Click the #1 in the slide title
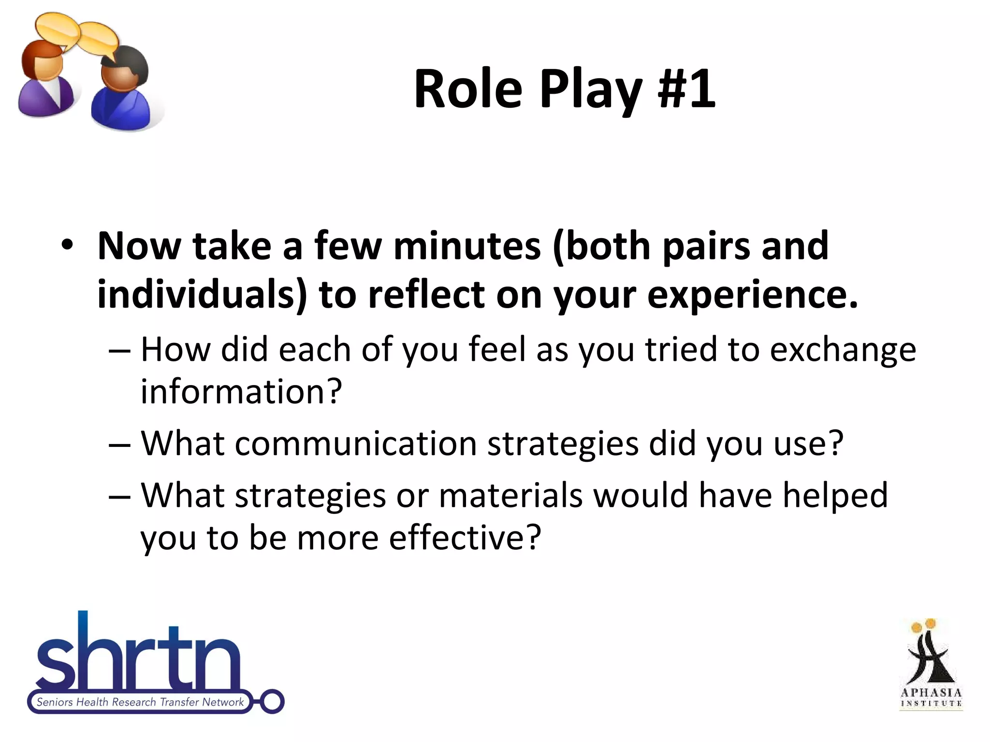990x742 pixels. pyautogui.click(x=686, y=89)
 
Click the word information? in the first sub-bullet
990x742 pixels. pyautogui.click(x=241, y=391)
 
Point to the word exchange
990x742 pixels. pyautogui.click(x=843, y=350)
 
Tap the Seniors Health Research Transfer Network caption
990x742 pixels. pyautogui.click(x=140, y=702)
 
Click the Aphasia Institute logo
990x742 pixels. pyautogui.click(x=931, y=664)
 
